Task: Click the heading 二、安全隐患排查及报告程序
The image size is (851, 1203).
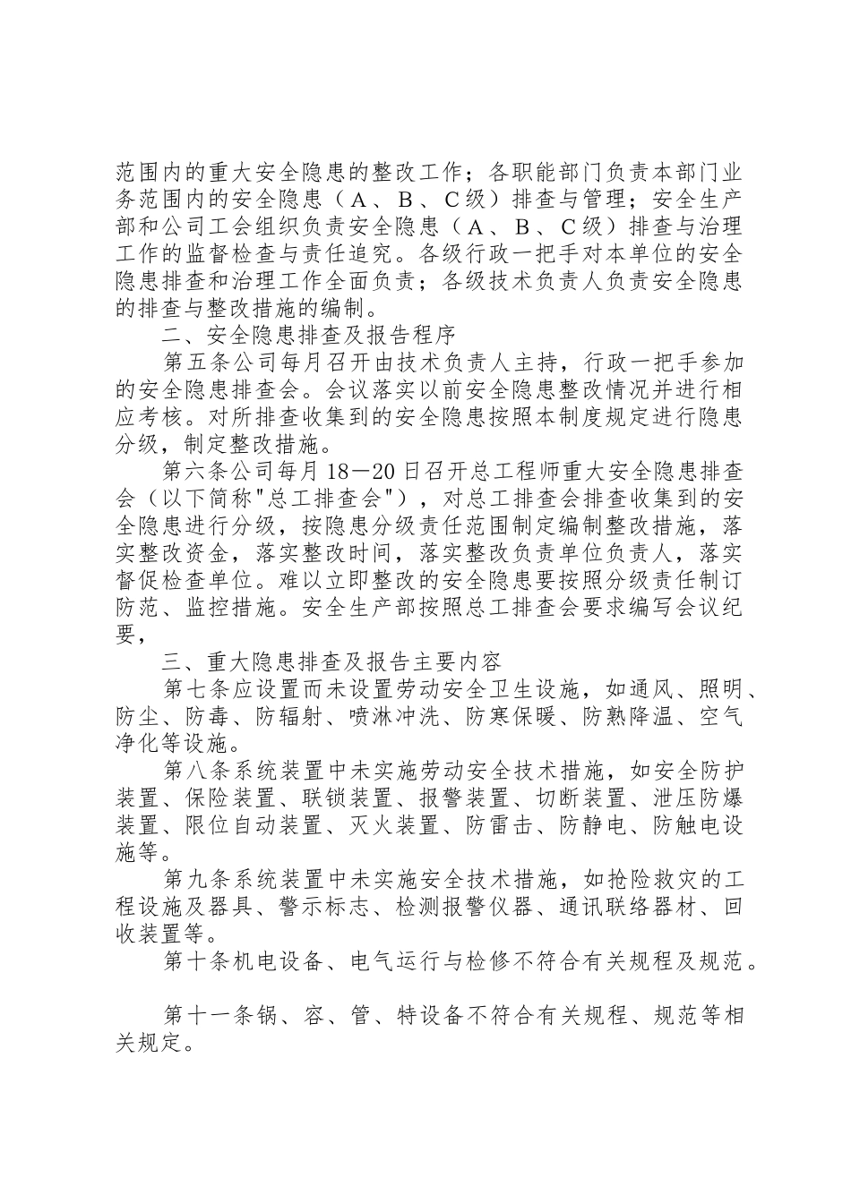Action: click(x=310, y=337)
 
